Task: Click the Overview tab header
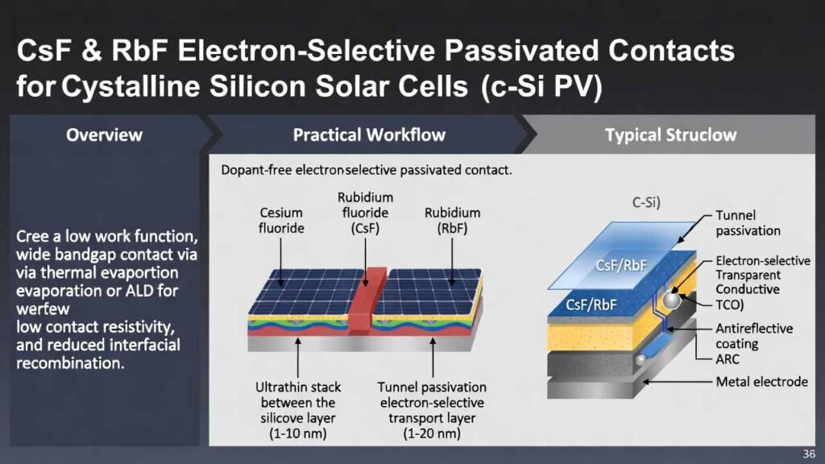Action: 104,135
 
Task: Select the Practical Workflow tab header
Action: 368,135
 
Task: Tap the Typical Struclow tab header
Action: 670,135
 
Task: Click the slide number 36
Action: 809,452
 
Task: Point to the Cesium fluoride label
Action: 281,221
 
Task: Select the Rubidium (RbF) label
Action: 452,221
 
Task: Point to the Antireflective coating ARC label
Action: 754,343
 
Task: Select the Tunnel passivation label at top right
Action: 748,223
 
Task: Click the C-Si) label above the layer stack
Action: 645,203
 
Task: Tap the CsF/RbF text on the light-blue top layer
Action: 621,265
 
